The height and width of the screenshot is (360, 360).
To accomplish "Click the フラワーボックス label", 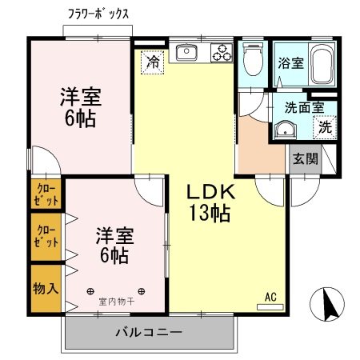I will [x=98, y=14].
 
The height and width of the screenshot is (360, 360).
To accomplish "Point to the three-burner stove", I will [x=222, y=53].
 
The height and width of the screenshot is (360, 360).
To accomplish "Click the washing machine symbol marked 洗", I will [x=324, y=126].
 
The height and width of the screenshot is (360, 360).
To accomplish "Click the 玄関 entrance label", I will [x=306, y=158].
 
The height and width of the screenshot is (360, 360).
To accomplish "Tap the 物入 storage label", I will [x=46, y=287].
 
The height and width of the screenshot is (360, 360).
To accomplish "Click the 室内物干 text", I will [x=117, y=302].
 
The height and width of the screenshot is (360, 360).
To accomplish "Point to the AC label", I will [x=270, y=297].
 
